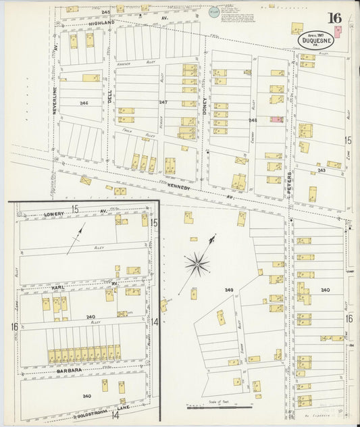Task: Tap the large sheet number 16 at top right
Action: point(334,18)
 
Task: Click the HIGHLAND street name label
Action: point(101,22)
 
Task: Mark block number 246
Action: point(83,103)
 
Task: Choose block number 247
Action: point(163,102)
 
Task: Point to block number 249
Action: point(229,290)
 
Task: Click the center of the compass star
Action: point(197,263)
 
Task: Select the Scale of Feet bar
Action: point(219,407)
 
